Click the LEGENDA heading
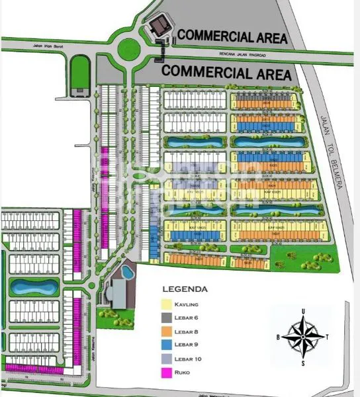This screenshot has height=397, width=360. click(185, 289)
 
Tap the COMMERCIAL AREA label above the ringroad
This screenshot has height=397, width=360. click(233, 37)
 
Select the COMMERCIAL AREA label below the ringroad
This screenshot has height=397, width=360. click(227, 73)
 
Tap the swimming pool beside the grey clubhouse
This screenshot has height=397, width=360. click(124, 272)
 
